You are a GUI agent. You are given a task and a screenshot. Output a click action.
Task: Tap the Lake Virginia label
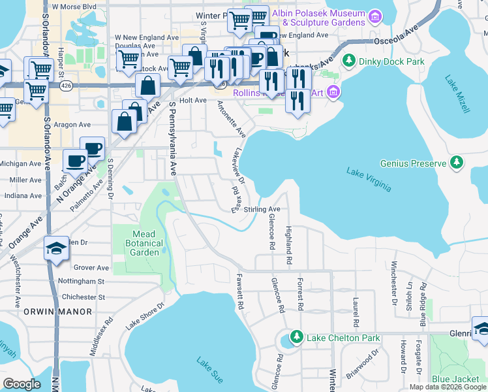click(369, 180)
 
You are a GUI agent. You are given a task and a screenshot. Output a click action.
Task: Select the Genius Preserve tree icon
click(457, 162)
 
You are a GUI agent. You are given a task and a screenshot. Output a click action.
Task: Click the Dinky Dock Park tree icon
click(348, 61)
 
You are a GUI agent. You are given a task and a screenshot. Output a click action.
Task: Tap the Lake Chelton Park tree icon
click(296, 337)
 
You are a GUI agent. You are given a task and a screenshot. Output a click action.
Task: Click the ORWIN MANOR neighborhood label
click(57, 312)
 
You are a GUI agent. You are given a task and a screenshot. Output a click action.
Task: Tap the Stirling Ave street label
click(262, 209)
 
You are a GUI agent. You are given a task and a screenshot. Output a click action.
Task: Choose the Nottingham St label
click(82, 281)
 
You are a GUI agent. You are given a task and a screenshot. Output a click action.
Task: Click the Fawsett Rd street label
click(240, 291)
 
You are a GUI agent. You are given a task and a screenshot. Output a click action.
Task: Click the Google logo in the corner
click(22, 384)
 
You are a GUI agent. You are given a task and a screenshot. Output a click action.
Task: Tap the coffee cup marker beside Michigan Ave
click(75, 160)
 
